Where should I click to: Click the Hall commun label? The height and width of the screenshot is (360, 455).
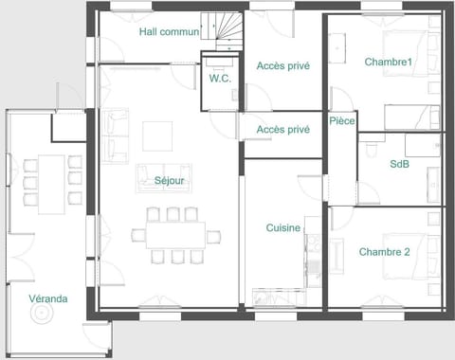tap(169, 31)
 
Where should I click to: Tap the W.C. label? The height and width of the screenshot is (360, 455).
tap(220, 79)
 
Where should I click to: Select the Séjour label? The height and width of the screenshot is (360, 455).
tap(169, 180)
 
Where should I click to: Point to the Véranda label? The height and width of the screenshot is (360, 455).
tap(47, 298)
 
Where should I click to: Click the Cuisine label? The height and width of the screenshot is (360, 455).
tap(282, 227)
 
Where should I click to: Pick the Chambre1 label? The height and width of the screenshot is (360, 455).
tap(389, 62)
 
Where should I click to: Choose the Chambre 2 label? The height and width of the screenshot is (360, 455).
tap(384, 252)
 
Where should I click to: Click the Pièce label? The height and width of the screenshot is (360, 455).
tap(342, 121)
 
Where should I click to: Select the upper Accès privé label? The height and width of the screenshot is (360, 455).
tap(282, 65)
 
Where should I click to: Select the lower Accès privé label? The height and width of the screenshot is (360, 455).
tap(282, 129)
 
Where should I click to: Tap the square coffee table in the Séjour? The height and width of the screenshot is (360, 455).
tap(158, 136)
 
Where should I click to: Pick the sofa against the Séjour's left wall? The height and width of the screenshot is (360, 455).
tap(118, 135)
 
